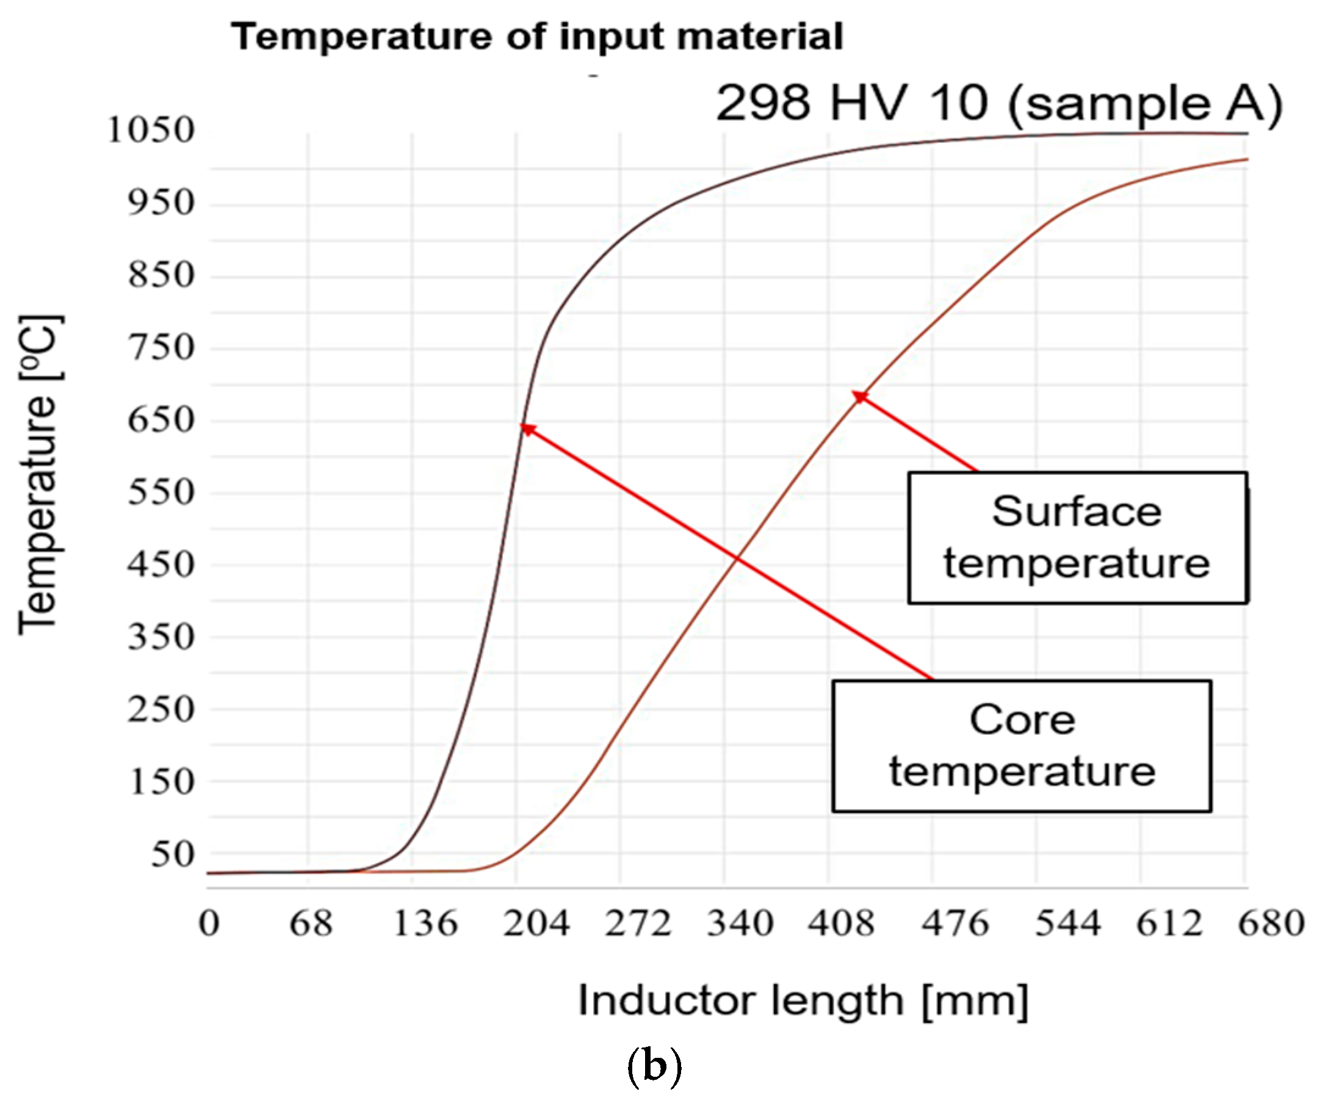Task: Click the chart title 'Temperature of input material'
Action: (x=537, y=37)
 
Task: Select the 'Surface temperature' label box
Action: (x=1077, y=538)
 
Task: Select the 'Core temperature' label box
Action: (x=1022, y=746)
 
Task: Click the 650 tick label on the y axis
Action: (x=161, y=420)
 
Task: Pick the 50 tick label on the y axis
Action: (x=173, y=855)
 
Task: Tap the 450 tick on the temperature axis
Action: (x=161, y=565)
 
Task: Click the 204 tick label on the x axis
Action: (x=536, y=924)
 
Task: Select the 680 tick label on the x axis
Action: (x=1271, y=924)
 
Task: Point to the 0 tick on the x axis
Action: (x=209, y=924)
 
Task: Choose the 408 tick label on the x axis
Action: (x=841, y=924)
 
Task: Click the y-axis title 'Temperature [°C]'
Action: (x=39, y=475)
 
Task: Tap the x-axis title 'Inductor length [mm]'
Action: (x=803, y=1000)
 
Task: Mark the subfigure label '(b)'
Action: (x=654, y=1066)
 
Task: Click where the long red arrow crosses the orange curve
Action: (x=737, y=557)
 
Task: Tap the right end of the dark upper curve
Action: (x=1247, y=134)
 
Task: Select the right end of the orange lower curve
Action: (x=1247, y=159)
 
